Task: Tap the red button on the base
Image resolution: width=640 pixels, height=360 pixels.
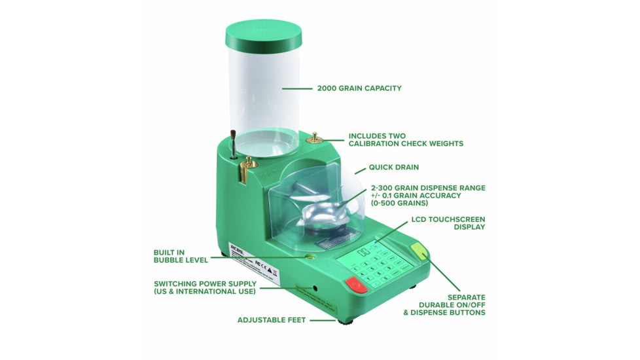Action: (356, 283)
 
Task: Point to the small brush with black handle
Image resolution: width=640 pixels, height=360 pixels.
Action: (233, 143)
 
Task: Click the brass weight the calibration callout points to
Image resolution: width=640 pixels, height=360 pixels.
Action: (314, 137)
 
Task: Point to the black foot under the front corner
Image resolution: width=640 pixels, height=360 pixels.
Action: (345, 321)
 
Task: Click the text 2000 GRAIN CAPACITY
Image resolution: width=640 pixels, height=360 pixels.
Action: (359, 88)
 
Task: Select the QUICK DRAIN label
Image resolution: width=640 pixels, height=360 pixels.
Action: (393, 167)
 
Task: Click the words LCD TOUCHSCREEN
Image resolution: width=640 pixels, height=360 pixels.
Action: (448, 219)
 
